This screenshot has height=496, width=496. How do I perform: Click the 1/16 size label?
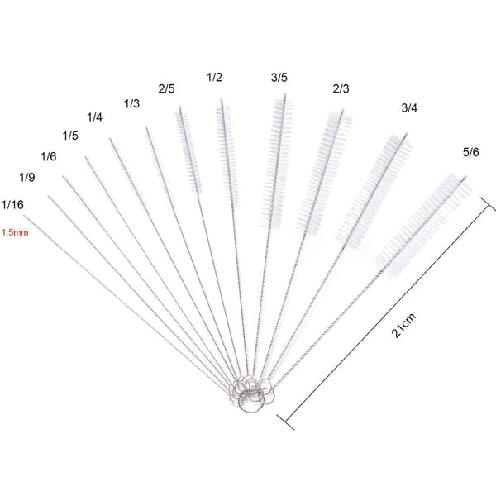(12, 205)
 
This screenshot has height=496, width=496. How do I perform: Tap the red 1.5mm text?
(15, 233)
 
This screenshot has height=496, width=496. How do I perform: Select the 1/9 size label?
(27, 177)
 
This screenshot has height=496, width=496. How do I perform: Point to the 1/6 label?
(49, 156)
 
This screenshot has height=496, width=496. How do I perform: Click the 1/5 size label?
(70, 136)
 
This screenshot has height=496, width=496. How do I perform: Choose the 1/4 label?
(94, 117)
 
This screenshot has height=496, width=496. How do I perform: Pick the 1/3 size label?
(131, 103)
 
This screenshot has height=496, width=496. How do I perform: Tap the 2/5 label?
(166, 89)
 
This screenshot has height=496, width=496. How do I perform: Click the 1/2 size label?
(214, 77)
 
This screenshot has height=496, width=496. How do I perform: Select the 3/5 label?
(279, 78)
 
